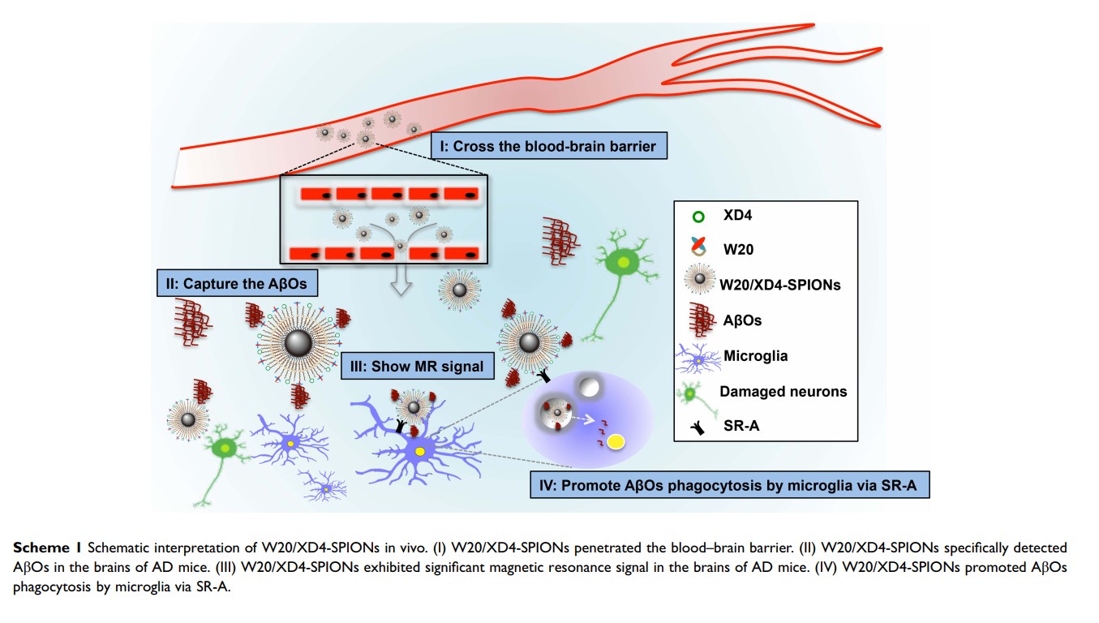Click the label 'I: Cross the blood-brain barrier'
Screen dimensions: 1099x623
click(549, 146)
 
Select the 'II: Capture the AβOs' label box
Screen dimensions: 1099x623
click(237, 284)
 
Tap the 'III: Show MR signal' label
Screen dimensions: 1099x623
click(417, 366)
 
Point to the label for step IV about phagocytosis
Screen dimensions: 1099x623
click(730, 485)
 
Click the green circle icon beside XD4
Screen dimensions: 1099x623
click(698, 217)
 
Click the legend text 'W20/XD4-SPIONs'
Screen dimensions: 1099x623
click(779, 285)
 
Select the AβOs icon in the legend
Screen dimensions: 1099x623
click(701, 320)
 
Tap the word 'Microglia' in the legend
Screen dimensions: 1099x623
click(756, 355)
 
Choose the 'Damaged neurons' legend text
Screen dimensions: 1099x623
click(783, 392)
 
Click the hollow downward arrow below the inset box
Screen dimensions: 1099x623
click(401, 279)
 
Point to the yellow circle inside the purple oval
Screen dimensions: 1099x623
click(616, 441)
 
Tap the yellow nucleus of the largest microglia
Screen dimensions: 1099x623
click(419, 451)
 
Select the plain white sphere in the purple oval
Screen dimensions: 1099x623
click(589, 387)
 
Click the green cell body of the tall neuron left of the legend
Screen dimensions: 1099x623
click(622, 263)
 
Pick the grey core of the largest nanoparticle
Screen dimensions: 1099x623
click(298, 342)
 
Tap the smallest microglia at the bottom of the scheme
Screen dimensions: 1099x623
click(324, 487)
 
